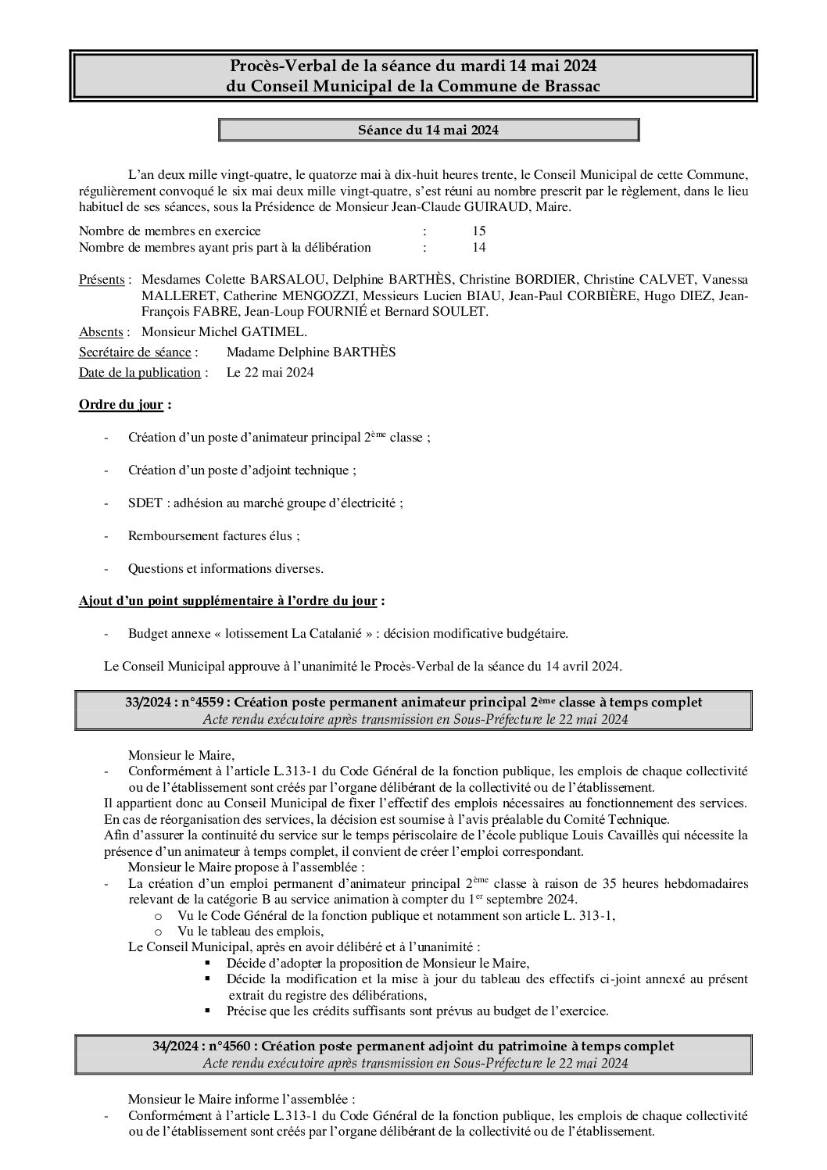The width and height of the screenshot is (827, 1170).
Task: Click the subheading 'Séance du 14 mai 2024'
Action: point(428,130)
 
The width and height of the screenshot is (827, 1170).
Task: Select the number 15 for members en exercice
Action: point(478,231)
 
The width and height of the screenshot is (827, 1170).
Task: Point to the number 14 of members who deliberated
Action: point(478,248)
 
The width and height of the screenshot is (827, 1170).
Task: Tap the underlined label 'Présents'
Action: point(102,280)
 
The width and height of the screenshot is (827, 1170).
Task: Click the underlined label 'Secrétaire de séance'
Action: point(134,352)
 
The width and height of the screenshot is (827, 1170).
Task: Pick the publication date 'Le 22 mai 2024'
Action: point(270,372)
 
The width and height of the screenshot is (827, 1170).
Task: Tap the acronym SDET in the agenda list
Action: point(144,503)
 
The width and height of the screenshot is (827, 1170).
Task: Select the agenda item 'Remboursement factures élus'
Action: point(212,536)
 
